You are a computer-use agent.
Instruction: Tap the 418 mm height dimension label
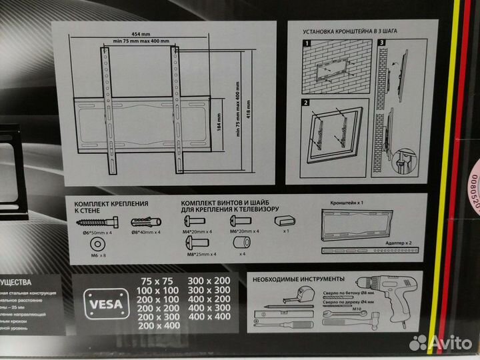(248, 111)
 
